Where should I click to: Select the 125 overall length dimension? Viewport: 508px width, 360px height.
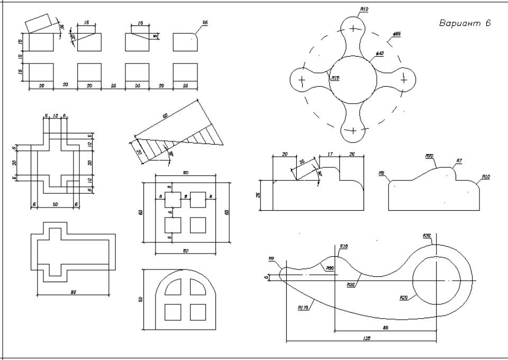tap(367, 337)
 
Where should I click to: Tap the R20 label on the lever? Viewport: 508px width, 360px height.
tap(403, 298)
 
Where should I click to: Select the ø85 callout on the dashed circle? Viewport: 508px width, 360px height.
tap(396, 33)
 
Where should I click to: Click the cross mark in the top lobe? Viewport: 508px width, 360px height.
tap(353, 26)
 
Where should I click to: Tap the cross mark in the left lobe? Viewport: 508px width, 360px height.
tap(302, 80)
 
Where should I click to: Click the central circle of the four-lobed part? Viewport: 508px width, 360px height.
tap(353, 79)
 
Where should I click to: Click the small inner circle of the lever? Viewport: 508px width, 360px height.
tap(437, 280)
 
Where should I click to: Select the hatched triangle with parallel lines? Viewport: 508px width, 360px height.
tap(204, 134)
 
